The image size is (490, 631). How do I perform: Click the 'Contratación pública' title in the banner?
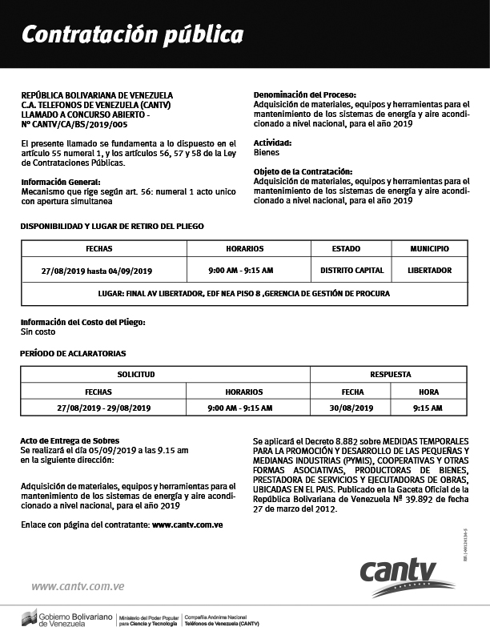(132, 35)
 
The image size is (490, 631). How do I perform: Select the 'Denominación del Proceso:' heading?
(305, 94)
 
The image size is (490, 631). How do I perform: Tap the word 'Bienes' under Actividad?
(267, 151)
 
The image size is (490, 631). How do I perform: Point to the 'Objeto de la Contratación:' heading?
(303, 171)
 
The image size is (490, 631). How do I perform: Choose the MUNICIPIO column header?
(429, 248)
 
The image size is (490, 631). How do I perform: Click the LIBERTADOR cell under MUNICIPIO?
(429, 271)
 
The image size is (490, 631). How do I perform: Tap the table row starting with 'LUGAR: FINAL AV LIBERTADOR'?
(244, 294)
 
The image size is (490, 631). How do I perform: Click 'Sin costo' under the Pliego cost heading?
(38, 331)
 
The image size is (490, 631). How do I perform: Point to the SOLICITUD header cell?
(135, 374)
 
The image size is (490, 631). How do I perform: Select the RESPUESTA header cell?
(391, 374)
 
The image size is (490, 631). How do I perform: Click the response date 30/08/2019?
(352, 408)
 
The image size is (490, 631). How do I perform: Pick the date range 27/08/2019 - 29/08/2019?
(104, 408)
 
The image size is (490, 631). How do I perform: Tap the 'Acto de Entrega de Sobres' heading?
(70, 440)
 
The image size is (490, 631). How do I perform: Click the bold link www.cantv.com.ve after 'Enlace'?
(187, 524)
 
